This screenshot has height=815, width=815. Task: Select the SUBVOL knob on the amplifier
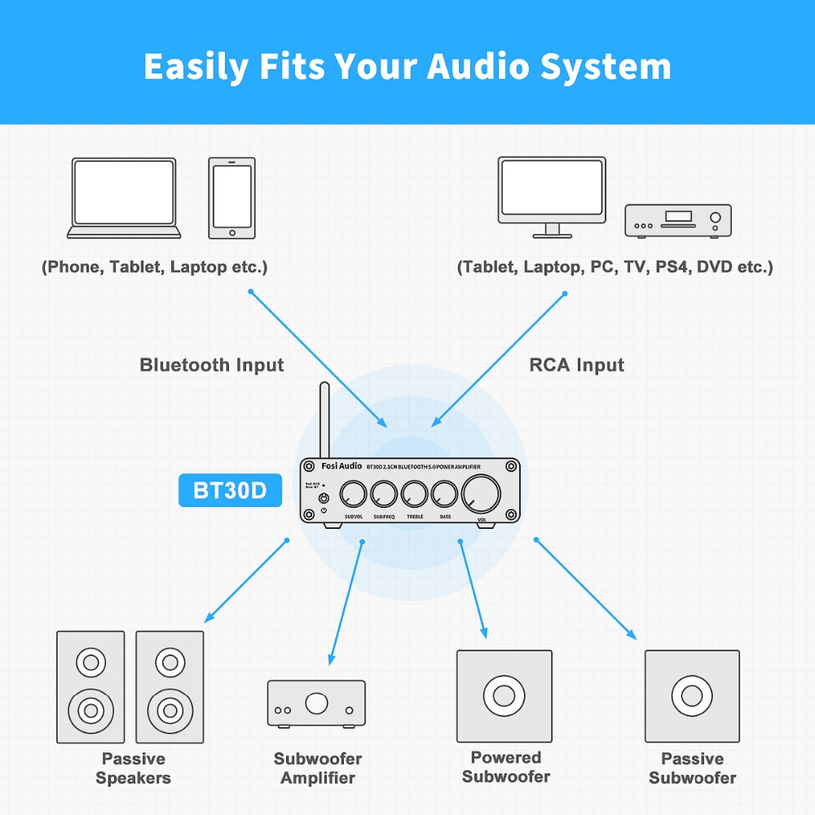tap(354, 493)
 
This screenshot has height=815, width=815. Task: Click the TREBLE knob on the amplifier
tap(414, 493)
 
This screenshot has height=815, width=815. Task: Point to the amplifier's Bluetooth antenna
tap(324, 420)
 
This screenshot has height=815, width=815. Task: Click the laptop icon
tap(123, 198)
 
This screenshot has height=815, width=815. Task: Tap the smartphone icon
tap(231, 198)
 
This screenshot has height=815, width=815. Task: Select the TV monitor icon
tap(553, 196)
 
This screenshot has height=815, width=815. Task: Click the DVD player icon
tap(677, 220)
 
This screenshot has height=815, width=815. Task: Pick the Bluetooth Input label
tap(211, 365)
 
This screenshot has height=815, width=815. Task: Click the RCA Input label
tap(576, 365)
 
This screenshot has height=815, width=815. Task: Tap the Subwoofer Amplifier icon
tap(316, 703)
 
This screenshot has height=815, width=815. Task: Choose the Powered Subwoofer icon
tap(504, 696)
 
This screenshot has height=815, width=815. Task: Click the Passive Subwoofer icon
tap(692, 696)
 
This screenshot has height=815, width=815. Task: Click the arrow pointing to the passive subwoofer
tap(584, 588)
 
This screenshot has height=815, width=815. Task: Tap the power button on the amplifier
tap(324, 498)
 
